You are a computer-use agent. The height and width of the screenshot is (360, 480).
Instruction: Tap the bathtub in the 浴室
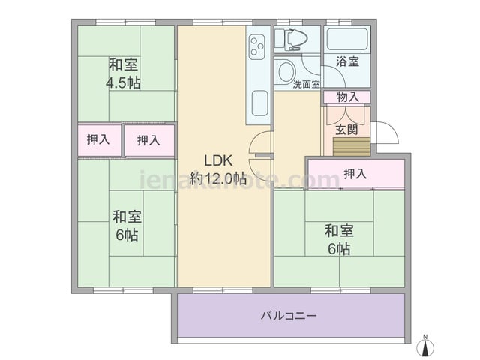pyautogui.click(x=347, y=39)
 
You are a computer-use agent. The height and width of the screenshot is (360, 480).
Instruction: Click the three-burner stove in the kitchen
pyautogui.click(x=256, y=47)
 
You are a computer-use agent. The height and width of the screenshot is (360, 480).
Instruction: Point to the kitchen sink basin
pyautogui.click(x=259, y=103)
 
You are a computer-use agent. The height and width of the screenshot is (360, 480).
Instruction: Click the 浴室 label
pyautogui.click(x=347, y=61)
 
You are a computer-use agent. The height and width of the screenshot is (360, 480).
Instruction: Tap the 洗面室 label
pyautogui.click(x=306, y=84)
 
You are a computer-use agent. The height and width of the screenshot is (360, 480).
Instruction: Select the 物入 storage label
pyautogui.click(x=347, y=97)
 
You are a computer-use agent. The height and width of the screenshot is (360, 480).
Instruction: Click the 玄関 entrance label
pyautogui.click(x=346, y=130)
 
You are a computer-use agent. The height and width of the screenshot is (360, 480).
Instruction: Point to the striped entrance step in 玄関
pyautogui.click(x=352, y=147)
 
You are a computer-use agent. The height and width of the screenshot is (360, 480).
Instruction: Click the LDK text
pyautogui.click(x=218, y=160)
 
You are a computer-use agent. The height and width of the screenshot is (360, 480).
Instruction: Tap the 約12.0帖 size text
pyautogui.click(x=218, y=178)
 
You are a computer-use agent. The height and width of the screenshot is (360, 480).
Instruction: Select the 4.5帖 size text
pyautogui.click(x=123, y=82)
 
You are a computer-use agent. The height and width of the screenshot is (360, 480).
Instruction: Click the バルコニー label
pyautogui.click(x=289, y=316)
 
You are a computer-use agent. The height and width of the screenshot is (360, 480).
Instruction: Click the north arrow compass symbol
pyautogui.click(x=425, y=346)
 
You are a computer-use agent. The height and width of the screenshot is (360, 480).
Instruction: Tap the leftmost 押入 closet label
pyautogui.click(x=98, y=139)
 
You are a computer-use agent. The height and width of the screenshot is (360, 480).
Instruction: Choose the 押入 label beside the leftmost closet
pyautogui.click(x=148, y=140)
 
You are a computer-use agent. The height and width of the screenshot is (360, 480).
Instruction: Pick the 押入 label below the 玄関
pyautogui.click(x=355, y=174)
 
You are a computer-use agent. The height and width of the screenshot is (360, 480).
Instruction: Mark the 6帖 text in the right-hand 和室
pyautogui.click(x=339, y=249)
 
